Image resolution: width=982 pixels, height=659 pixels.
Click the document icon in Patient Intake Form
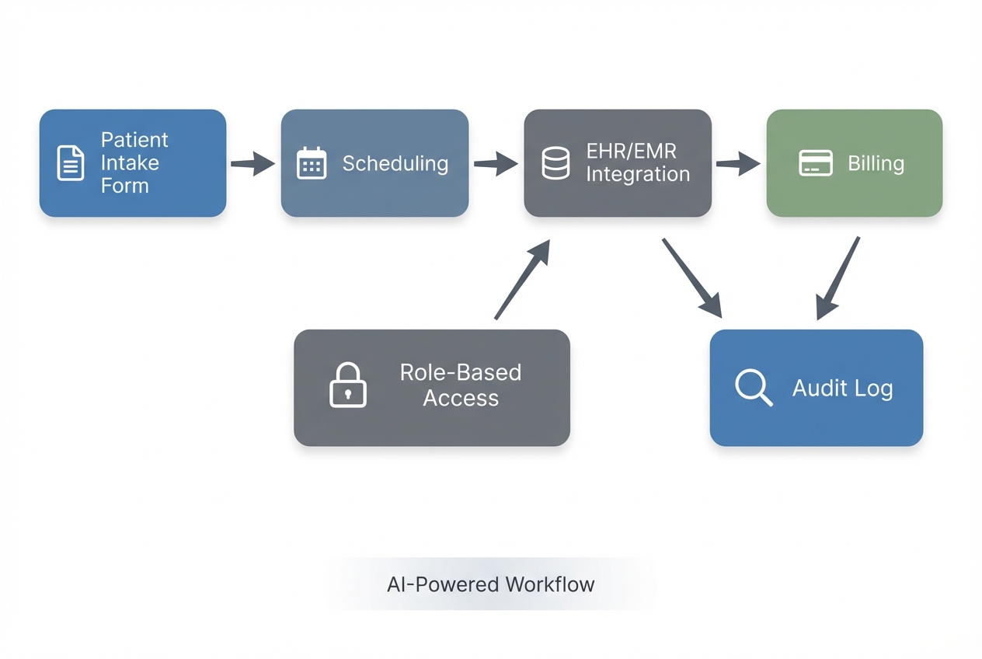(71, 163)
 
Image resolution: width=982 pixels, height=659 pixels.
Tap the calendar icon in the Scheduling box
(312, 163)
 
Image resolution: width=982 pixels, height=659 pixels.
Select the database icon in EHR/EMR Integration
(555, 163)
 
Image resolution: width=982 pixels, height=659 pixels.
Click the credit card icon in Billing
(816, 163)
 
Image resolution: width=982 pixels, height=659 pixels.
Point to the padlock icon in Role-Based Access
(347, 385)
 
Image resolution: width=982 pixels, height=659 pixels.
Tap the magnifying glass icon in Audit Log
(753, 386)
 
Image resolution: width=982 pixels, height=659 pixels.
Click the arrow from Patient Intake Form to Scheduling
(253, 164)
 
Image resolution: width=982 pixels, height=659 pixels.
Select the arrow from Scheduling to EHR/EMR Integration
(496, 163)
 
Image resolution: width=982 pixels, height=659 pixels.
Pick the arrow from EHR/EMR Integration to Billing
(737, 163)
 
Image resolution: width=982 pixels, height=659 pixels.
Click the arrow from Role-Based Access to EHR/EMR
(522, 280)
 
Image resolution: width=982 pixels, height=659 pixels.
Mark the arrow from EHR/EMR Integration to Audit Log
(692, 277)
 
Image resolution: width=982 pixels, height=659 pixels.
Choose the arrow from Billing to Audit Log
(838, 278)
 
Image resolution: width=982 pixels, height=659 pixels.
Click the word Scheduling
(395, 164)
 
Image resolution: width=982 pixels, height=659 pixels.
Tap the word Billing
(876, 164)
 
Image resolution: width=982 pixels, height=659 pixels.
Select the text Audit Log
(842, 388)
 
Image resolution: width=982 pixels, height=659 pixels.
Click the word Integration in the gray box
(637, 175)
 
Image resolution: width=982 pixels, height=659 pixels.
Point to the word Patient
(134, 140)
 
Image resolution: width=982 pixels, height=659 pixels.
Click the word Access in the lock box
(461, 399)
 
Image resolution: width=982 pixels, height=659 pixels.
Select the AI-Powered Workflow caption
(490, 584)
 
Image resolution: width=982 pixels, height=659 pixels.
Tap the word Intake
(130, 163)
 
